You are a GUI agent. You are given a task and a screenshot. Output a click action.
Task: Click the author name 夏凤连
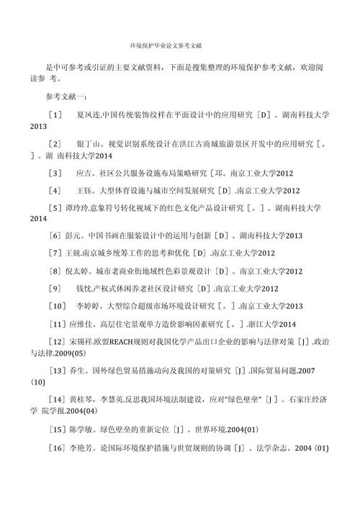point(89,114)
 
